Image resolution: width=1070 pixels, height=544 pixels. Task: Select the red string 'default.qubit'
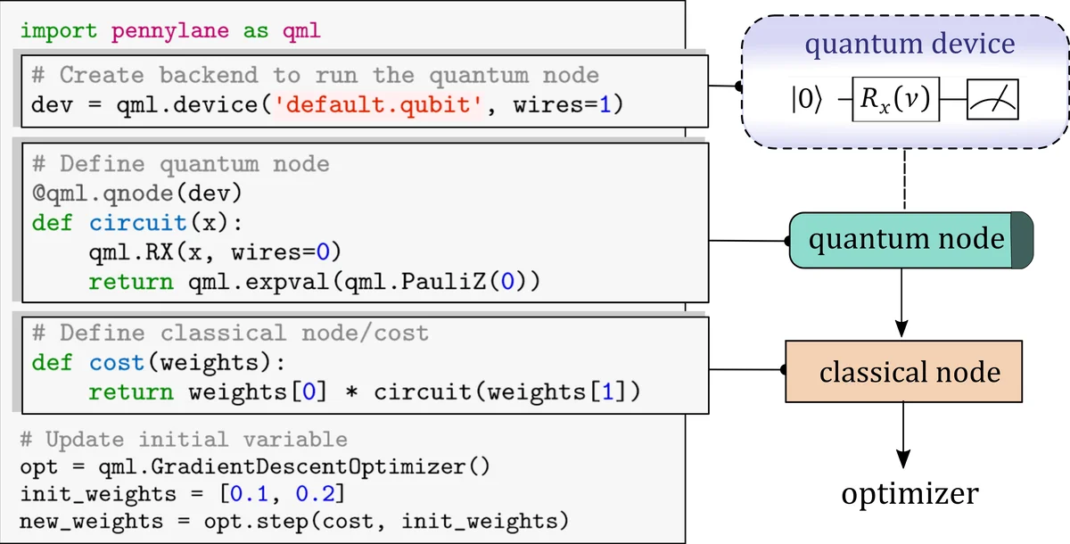[x=379, y=106]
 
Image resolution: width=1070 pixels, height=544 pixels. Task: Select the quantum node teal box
[x=901, y=240]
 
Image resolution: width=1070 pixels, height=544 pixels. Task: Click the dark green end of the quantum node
[x=1022, y=240]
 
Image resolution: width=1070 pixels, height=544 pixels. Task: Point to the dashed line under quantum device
[x=904, y=178]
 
